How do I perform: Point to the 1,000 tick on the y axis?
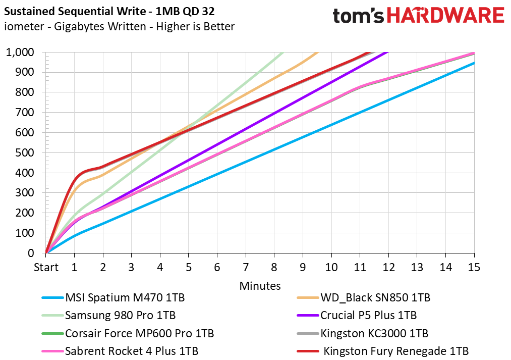point(20,53)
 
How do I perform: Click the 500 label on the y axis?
point(25,153)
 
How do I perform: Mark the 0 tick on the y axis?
point(31,253)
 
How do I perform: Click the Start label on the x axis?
point(46,267)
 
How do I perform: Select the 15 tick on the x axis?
point(474,267)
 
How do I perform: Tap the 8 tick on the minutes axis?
point(274,267)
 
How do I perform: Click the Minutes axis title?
point(260,286)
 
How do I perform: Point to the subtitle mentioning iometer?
point(119,26)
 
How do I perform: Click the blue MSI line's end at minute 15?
point(474,63)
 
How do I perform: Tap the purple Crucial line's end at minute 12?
point(387,53)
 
